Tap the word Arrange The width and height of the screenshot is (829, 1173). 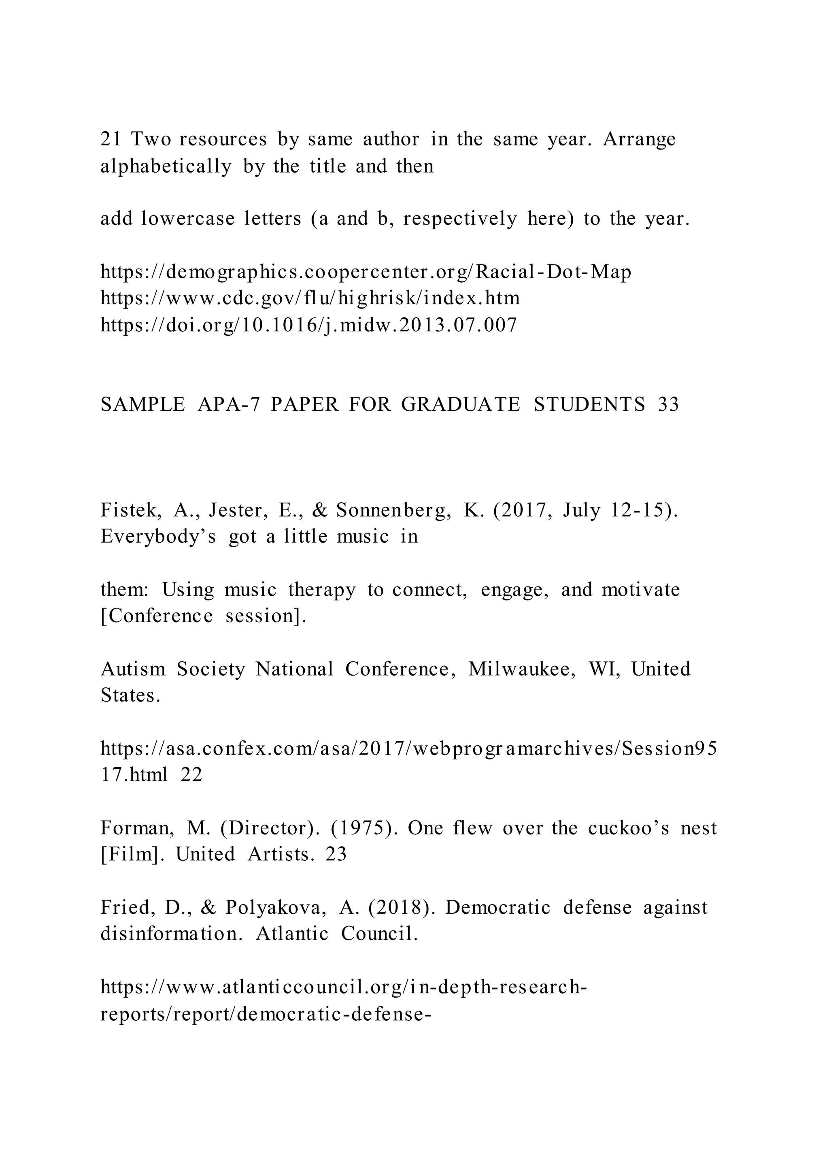click(639, 139)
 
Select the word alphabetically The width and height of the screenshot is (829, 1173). click(166, 166)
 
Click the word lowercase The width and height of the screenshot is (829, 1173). click(188, 219)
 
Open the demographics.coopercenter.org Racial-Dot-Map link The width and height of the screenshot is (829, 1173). click(366, 271)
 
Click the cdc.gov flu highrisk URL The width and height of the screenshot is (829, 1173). click(310, 298)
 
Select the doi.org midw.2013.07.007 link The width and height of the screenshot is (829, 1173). click(309, 324)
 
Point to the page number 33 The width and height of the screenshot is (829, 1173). click(669, 404)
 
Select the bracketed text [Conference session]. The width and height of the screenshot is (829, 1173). click(203, 616)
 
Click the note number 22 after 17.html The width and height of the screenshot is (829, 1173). click(191, 774)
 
